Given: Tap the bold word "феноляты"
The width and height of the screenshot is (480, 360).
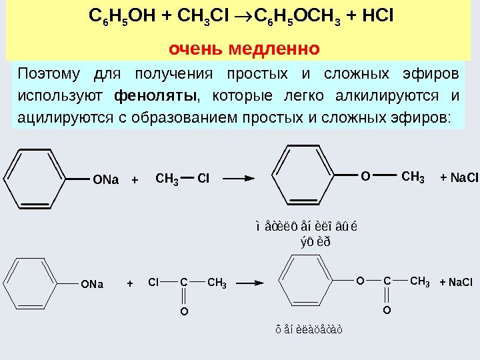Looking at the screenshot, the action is (x=156, y=96).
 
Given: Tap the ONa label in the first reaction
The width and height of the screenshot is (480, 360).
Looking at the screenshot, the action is (x=106, y=180).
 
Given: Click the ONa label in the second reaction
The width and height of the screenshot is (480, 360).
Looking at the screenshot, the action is (x=92, y=284).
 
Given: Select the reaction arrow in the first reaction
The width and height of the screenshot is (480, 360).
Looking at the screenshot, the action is (x=239, y=179).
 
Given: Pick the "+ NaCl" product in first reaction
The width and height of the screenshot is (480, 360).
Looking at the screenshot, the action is (x=459, y=178).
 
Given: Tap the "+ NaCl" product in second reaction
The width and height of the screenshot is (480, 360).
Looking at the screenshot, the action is (x=455, y=283).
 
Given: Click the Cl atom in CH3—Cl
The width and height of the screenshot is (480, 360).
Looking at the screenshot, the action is (x=203, y=179).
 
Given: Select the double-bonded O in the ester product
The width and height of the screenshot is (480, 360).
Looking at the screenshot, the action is (x=387, y=311).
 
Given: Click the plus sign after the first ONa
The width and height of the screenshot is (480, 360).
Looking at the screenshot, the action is (x=135, y=180).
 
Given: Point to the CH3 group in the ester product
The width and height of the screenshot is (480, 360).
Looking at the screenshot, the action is (x=419, y=282).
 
